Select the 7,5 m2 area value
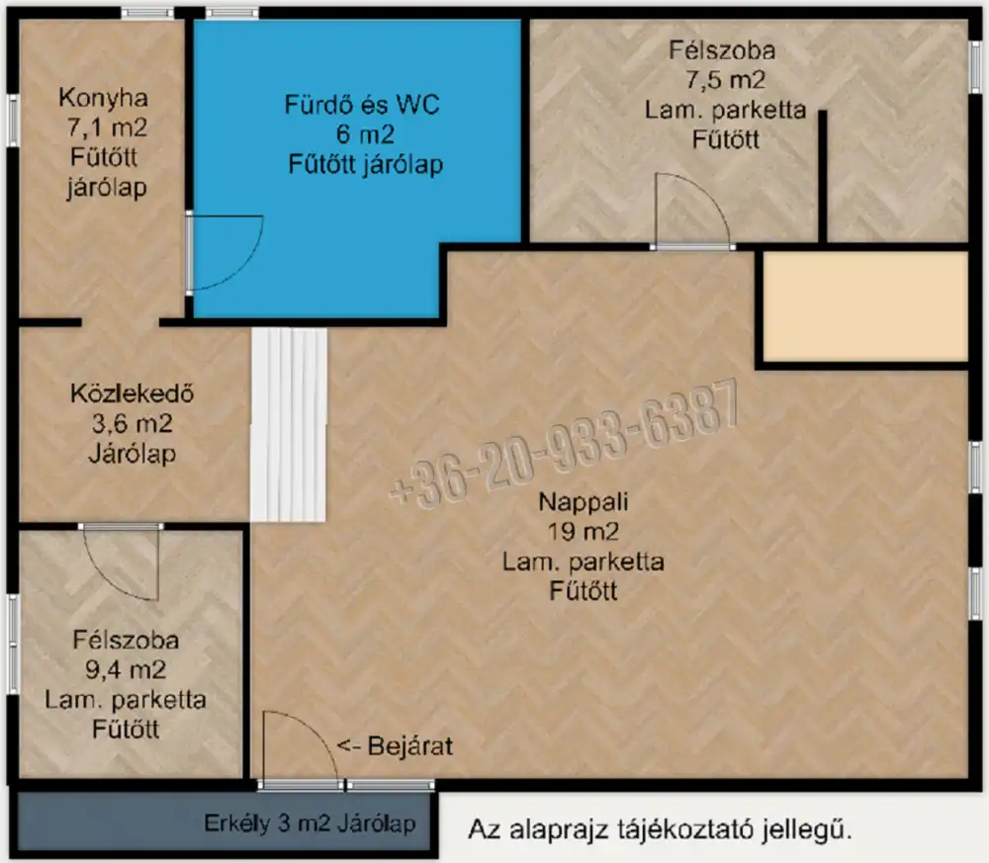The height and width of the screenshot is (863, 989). click(724, 80)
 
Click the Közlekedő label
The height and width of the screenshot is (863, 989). click(132, 394)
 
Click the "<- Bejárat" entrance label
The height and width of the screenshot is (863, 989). click(395, 746)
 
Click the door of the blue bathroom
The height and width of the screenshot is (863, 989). click(223, 253)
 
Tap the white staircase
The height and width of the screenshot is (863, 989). click(288, 425)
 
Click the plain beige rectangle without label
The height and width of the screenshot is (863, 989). click(863, 306)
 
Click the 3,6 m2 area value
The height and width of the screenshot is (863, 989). click(132, 424)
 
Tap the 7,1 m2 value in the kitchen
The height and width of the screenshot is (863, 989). click(103, 127)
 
